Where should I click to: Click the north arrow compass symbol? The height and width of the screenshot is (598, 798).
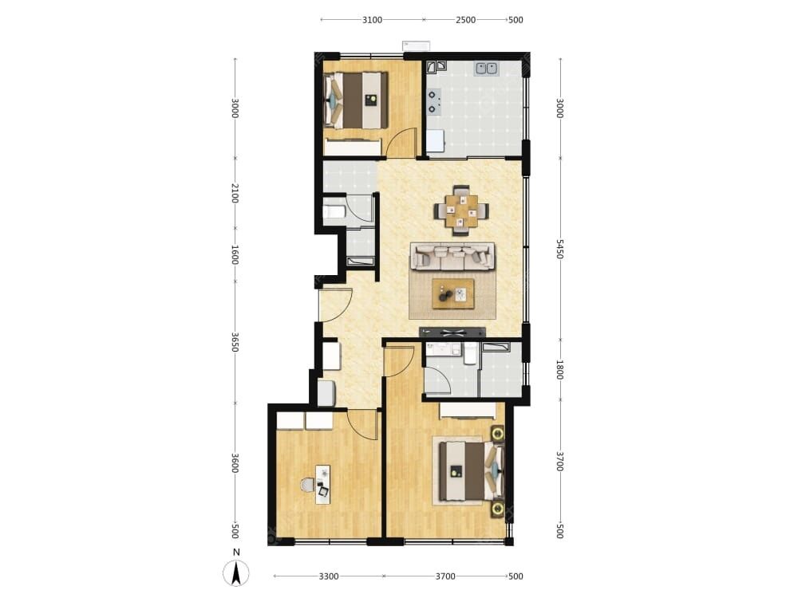[x=235, y=573]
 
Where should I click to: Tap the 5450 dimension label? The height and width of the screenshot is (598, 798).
[x=560, y=249]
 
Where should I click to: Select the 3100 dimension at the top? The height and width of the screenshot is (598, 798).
[x=372, y=20]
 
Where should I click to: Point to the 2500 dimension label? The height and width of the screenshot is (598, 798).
[x=466, y=20]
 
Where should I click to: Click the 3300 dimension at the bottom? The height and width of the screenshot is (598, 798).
[x=329, y=576]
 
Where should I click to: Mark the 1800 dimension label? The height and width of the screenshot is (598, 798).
[x=560, y=370]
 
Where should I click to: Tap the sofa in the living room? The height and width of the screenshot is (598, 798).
[x=452, y=256]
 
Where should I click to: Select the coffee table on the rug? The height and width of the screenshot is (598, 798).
[x=453, y=293]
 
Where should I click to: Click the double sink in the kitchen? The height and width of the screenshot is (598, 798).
[x=486, y=68]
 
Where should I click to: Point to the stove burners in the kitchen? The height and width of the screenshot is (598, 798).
[x=433, y=101]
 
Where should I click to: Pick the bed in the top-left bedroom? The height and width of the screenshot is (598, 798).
[x=356, y=100]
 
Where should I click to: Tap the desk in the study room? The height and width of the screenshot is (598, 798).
[x=322, y=484]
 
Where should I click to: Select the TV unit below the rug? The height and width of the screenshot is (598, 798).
[x=452, y=332]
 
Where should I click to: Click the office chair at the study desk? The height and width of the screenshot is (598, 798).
[x=307, y=485]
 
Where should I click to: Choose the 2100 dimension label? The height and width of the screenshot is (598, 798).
[x=235, y=193]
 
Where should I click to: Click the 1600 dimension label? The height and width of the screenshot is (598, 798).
[x=235, y=254]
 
